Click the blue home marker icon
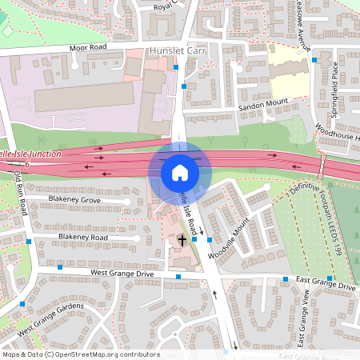(180, 172)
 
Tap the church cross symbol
(182, 239)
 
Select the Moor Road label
(88, 48)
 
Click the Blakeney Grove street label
(74, 199)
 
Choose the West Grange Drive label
(122, 274)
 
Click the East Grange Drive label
(325, 282)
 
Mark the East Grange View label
(303, 318)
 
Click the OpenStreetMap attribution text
(81, 354)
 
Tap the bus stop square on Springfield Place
(315, 60)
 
